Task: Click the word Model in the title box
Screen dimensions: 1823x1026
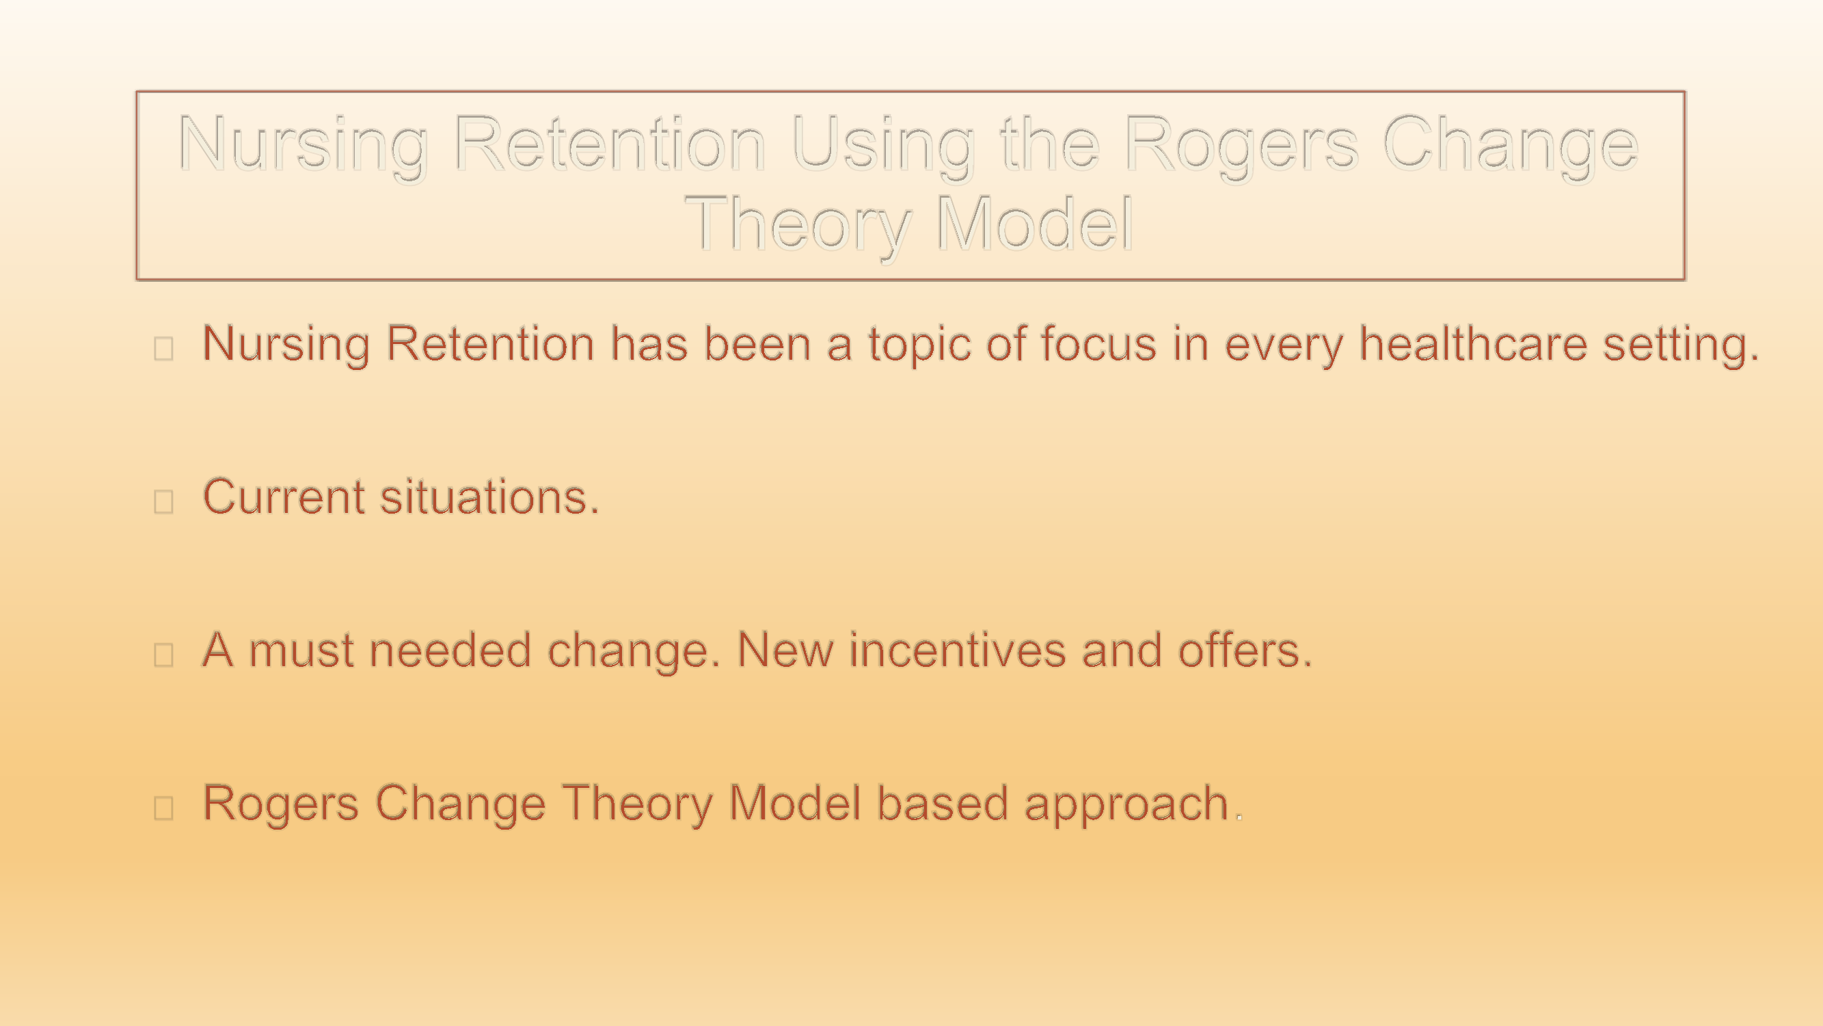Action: pos(1034,224)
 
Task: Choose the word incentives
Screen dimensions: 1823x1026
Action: pos(958,650)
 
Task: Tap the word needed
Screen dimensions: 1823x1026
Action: pos(450,650)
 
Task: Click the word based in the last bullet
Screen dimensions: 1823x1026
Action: pos(942,803)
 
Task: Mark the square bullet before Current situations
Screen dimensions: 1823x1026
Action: pos(163,501)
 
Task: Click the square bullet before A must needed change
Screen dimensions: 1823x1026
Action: pos(163,655)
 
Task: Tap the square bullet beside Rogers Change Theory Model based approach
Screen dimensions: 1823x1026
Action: pos(163,808)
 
